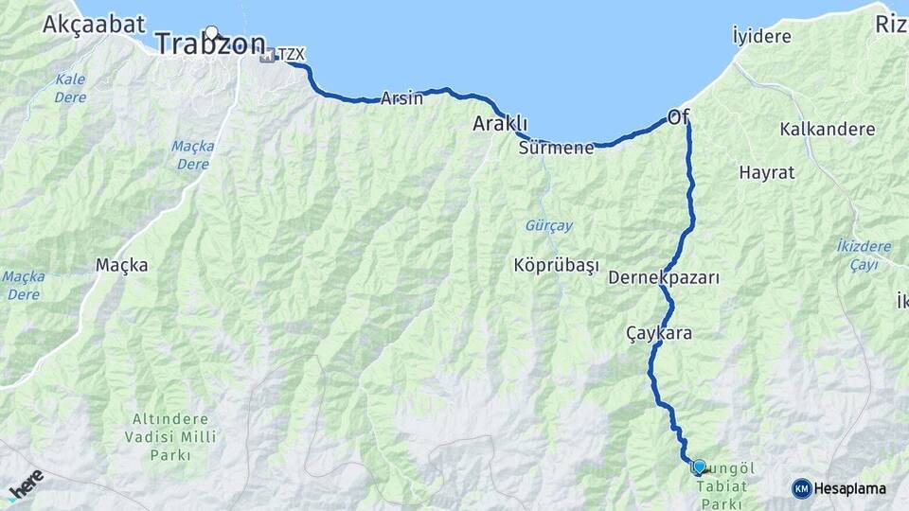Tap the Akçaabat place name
pyautogui.click(x=93, y=24)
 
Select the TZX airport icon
pyautogui.click(x=268, y=55)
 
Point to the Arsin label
pyautogui.click(x=401, y=98)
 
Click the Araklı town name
pyautogui.click(x=500, y=124)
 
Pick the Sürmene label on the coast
pyautogui.click(x=556, y=148)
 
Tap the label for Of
pyautogui.click(x=678, y=117)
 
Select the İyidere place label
pyautogui.click(x=761, y=36)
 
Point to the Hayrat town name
pyautogui.click(x=766, y=173)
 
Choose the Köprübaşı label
pyautogui.click(x=557, y=266)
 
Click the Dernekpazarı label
pyautogui.click(x=664, y=278)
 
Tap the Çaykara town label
pyautogui.click(x=659, y=333)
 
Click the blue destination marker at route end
pyautogui.click(x=699, y=467)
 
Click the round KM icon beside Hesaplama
pyautogui.click(x=802, y=488)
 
